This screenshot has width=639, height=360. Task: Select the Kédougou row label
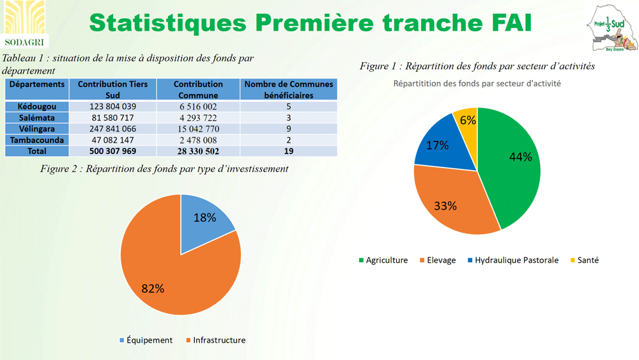(x=38, y=106)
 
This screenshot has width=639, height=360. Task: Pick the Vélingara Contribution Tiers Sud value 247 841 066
(x=112, y=129)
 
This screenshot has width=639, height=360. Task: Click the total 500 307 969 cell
(x=112, y=151)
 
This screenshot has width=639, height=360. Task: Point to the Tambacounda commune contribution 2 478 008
(x=198, y=140)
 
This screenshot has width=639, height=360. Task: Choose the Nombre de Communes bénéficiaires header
(x=289, y=89)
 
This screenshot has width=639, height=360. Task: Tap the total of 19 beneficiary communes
(x=289, y=151)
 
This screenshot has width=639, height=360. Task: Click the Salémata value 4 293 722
(x=198, y=118)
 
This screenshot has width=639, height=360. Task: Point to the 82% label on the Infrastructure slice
(x=153, y=288)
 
